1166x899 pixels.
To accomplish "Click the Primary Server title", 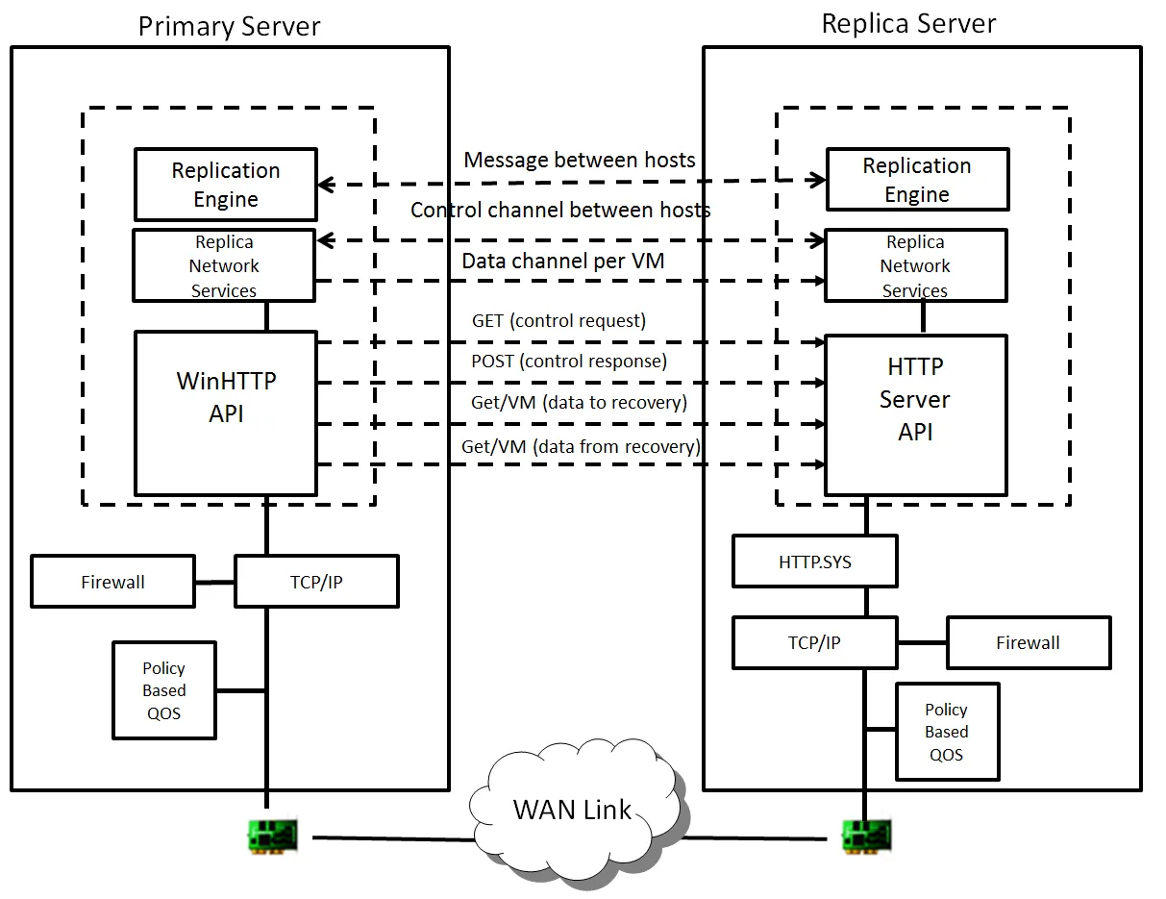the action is point(229,26).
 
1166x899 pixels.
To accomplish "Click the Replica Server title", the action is point(908,24).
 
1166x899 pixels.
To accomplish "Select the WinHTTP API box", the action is point(226,413).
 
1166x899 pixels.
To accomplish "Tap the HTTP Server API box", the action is point(915,414).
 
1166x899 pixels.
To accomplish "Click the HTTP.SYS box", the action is point(814,562).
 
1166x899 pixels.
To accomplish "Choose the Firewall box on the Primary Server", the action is point(112,582).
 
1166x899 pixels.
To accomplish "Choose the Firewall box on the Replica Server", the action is point(1029,642).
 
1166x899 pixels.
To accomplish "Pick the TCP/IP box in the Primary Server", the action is point(316,582).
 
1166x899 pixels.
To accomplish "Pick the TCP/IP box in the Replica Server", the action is point(814,642).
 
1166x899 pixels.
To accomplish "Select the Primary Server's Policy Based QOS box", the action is point(164,690).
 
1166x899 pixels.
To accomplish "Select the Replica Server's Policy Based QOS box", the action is point(947,732).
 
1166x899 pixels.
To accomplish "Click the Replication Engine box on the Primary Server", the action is point(226,185).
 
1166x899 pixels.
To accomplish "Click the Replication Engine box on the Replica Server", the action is point(918,180).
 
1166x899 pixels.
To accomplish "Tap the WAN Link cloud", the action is point(574,811).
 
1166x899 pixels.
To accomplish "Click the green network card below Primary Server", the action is point(273,837).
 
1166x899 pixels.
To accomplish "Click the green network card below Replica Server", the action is point(867,837).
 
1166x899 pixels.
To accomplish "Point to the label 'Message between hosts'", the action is point(580,160).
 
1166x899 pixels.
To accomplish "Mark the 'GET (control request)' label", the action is point(558,320).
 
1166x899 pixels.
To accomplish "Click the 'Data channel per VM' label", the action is point(563,261).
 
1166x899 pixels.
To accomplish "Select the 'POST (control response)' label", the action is point(569,362).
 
